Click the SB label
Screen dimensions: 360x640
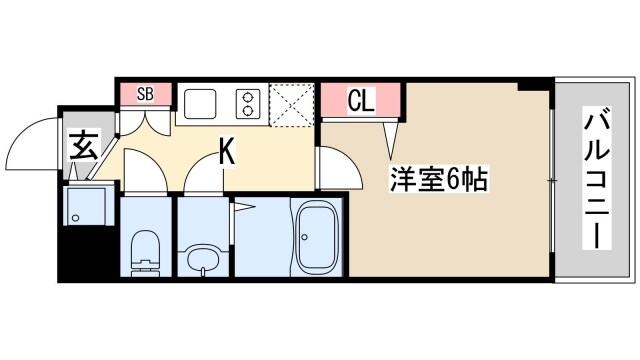point(144,94)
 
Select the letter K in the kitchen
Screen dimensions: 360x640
point(227,152)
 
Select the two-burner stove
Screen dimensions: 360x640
point(246,102)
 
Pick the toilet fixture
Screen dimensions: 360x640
point(146,250)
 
